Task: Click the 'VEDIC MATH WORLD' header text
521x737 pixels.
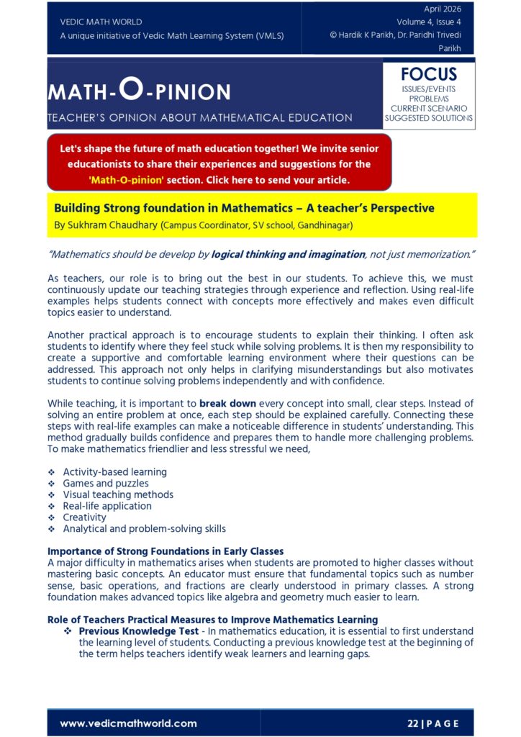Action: click(x=101, y=22)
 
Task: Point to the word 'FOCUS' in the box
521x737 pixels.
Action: click(x=428, y=74)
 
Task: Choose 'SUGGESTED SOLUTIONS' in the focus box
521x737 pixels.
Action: click(x=428, y=118)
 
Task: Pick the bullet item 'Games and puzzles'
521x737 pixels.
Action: click(x=106, y=483)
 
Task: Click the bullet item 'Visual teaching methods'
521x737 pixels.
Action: click(x=118, y=494)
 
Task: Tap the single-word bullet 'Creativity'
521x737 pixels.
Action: click(x=84, y=517)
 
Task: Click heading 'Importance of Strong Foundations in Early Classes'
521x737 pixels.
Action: click(x=166, y=551)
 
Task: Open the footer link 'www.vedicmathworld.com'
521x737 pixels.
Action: click(x=128, y=723)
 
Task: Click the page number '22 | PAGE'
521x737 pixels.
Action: click(x=432, y=723)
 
